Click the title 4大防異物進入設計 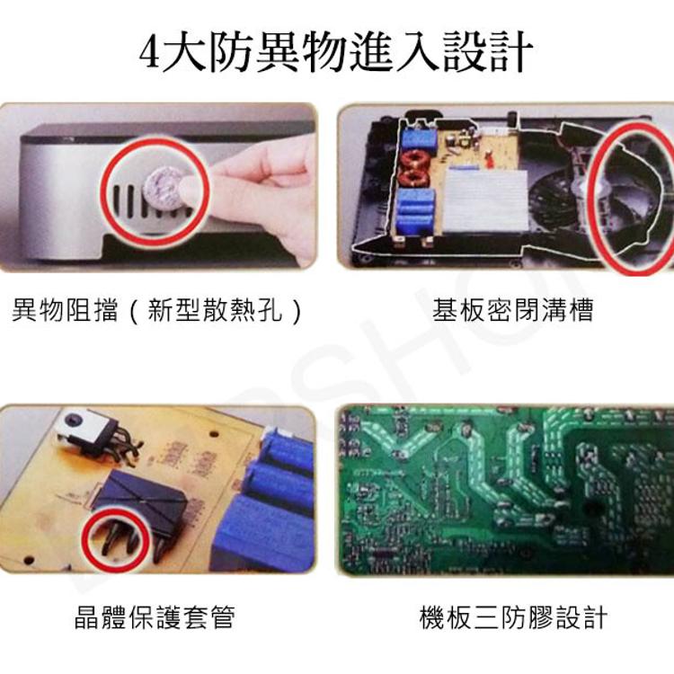tap(336, 51)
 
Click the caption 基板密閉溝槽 tap(512, 309)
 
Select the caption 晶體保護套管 tap(155, 616)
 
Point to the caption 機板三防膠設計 tap(513, 617)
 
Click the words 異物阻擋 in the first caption tap(65, 309)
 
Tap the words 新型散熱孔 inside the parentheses tap(215, 309)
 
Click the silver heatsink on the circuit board tap(485, 200)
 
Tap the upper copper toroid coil tap(415, 158)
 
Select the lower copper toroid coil tap(412, 176)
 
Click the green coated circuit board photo tap(505, 490)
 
